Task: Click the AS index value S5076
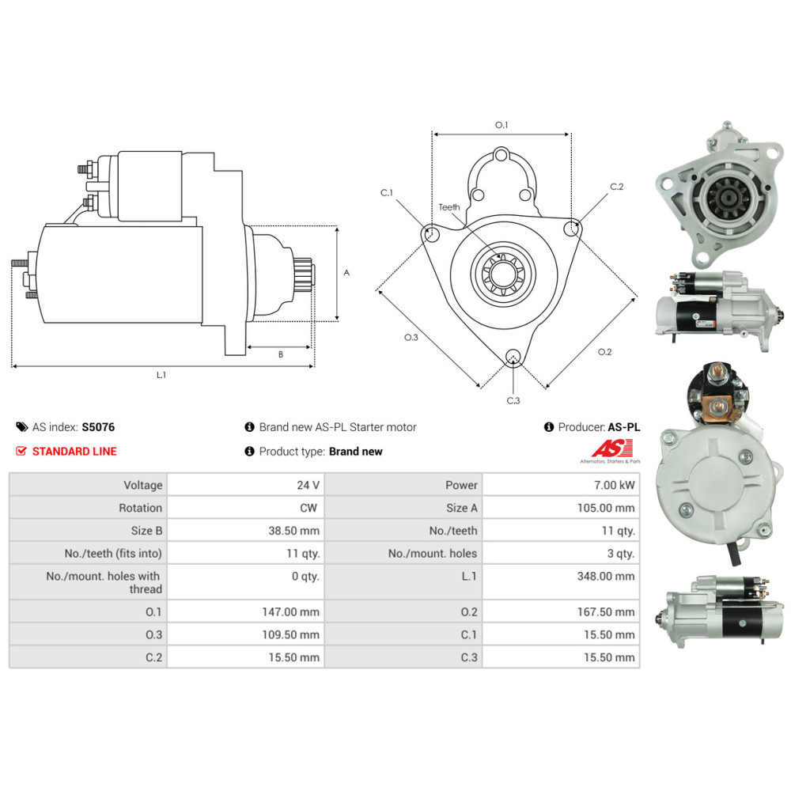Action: [98, 427]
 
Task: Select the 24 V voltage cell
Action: [308, 485]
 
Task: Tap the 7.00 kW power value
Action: [614, 485]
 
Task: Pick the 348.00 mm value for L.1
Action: [606, 576]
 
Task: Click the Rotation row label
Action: [140, 508]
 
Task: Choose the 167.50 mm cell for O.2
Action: [606, 612]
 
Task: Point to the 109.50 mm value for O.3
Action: [290, 634]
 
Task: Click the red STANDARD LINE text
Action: [74, 451]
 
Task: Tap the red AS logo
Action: [612, 448]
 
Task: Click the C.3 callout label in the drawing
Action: [513, 400]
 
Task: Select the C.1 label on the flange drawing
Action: [387, 193]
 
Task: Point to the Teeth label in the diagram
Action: [449, 206]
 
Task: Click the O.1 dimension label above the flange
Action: [501, 125]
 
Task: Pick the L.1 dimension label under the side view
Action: [161, 375]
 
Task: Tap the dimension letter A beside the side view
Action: [346, 272]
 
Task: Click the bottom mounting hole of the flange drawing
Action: [513, 356]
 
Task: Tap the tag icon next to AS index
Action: [21, 427]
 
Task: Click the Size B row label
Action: [146, 530]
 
